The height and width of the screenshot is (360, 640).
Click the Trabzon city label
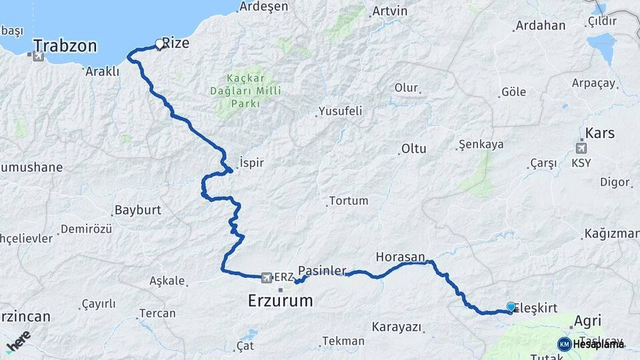[65, 46]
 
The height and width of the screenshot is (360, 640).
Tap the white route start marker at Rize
[159, 44]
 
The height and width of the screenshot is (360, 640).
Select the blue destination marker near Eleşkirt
[511, 307]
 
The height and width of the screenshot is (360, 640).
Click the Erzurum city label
[280, 301]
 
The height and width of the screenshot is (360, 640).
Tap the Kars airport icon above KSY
[582, 148]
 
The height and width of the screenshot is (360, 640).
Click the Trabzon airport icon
[37, 56]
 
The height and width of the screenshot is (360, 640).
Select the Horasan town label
[401, 256]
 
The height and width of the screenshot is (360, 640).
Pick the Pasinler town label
[322, 270]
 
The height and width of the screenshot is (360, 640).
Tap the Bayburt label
[138, 210]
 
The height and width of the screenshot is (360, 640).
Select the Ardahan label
[540, 26]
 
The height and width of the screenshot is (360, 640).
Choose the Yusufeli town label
[340, 111]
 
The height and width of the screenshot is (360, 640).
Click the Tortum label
[348, 201]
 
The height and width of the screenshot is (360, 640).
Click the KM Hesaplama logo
[591, 344]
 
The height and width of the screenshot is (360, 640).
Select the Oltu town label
[413, 149]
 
